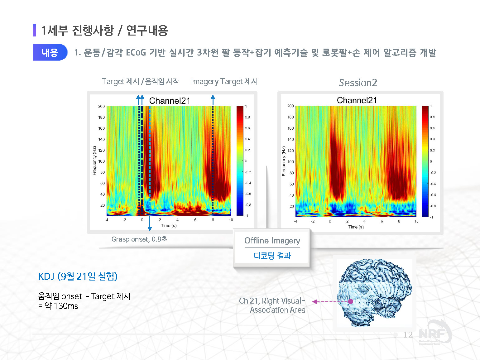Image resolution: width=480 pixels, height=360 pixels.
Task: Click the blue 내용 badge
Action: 50,52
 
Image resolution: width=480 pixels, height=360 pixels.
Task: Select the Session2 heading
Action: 358,83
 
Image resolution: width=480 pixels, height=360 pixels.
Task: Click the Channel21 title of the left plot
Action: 169,101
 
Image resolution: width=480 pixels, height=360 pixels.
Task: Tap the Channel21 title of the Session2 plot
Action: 357,100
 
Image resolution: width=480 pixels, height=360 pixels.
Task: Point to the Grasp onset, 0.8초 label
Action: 139,239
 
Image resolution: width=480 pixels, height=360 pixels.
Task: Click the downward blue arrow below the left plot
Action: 150,224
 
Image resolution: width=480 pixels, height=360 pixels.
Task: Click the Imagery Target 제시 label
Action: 224,82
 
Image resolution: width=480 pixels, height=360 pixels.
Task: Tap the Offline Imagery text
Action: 272,241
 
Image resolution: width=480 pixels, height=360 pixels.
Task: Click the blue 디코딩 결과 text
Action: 272,256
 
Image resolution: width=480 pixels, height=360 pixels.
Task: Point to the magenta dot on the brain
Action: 350,301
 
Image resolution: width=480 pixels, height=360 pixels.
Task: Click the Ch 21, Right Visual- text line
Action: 272,301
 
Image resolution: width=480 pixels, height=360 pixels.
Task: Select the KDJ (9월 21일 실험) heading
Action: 78,276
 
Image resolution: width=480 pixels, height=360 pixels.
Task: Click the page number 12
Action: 408,334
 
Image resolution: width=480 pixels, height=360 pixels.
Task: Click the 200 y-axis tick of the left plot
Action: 101,106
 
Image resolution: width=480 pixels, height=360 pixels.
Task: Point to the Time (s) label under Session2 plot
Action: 356,227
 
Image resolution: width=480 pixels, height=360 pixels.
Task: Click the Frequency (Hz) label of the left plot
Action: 94,161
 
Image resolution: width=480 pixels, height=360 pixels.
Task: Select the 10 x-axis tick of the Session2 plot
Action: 416,221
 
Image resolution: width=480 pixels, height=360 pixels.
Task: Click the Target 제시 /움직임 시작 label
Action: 140,82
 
